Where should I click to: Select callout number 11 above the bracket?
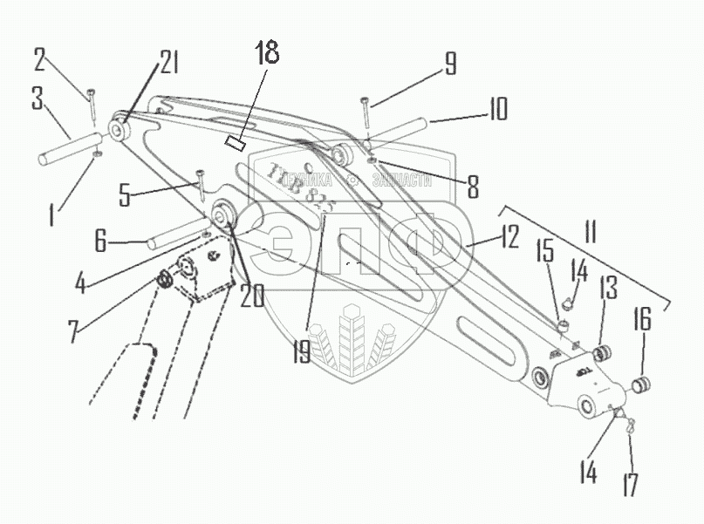[x=590, y=234]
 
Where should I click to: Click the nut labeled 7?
[x=162, y=281]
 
